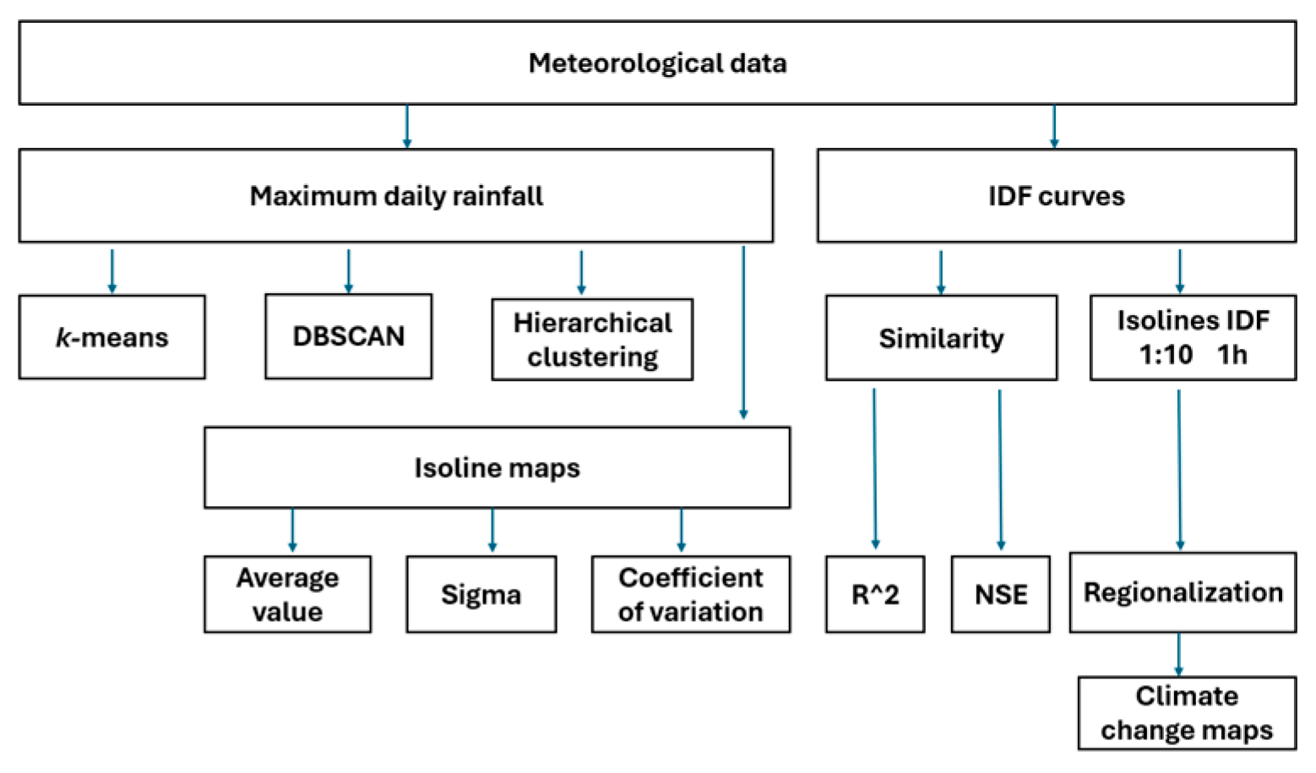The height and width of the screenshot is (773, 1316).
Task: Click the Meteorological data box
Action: pyautogui.click(x=657, y=63)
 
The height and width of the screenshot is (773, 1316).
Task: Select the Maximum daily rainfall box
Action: pyautogui.click(x=395, y=196)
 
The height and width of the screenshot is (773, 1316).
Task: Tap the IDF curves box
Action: pyautogui.click(x=1056, y=196)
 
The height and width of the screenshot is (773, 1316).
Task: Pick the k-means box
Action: pyautogui.click(x=111, y=337)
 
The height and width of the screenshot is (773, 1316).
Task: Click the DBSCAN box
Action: pyautogui.click(x=348, y=336)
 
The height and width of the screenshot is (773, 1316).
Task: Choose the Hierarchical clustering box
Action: pyautogui.click(x=592, y=340)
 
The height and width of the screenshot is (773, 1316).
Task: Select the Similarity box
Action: pyautogui.click(x=941, y=338)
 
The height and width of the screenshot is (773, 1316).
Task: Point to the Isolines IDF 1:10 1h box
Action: pyautogui.click(x=1193, y=337)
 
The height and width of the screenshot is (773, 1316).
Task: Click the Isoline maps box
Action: pyautogui.click(x=497, y=467)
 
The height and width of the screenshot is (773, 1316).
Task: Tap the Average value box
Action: pyautogui.click(x=287, y=594)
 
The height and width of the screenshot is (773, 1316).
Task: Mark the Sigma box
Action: pyautogui.click(x=481, y=594)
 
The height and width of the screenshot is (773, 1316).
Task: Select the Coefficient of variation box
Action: pyautogui.click(x=690, y=594)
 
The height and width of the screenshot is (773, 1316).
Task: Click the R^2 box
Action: pyautogui.click(x=875, y=594)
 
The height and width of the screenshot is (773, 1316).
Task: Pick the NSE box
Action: pyautogui.click(x=1001, y=594)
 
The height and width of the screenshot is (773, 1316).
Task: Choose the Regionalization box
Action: pyautogui.click(x=1183, y=592)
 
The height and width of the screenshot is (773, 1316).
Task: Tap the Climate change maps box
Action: pyautogui.click(x=1187, y=713)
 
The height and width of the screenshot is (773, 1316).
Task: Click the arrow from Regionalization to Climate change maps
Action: pyautogui.click(x=1178, y=655)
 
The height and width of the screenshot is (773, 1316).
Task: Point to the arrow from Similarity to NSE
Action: pyautogui.click(x=1000, y=469)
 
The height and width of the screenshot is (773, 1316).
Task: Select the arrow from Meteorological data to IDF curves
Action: pyautogui.click(x=1053, y=127)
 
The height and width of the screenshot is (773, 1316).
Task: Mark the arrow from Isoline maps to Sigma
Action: pyautogui.click(x=492, y=531)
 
